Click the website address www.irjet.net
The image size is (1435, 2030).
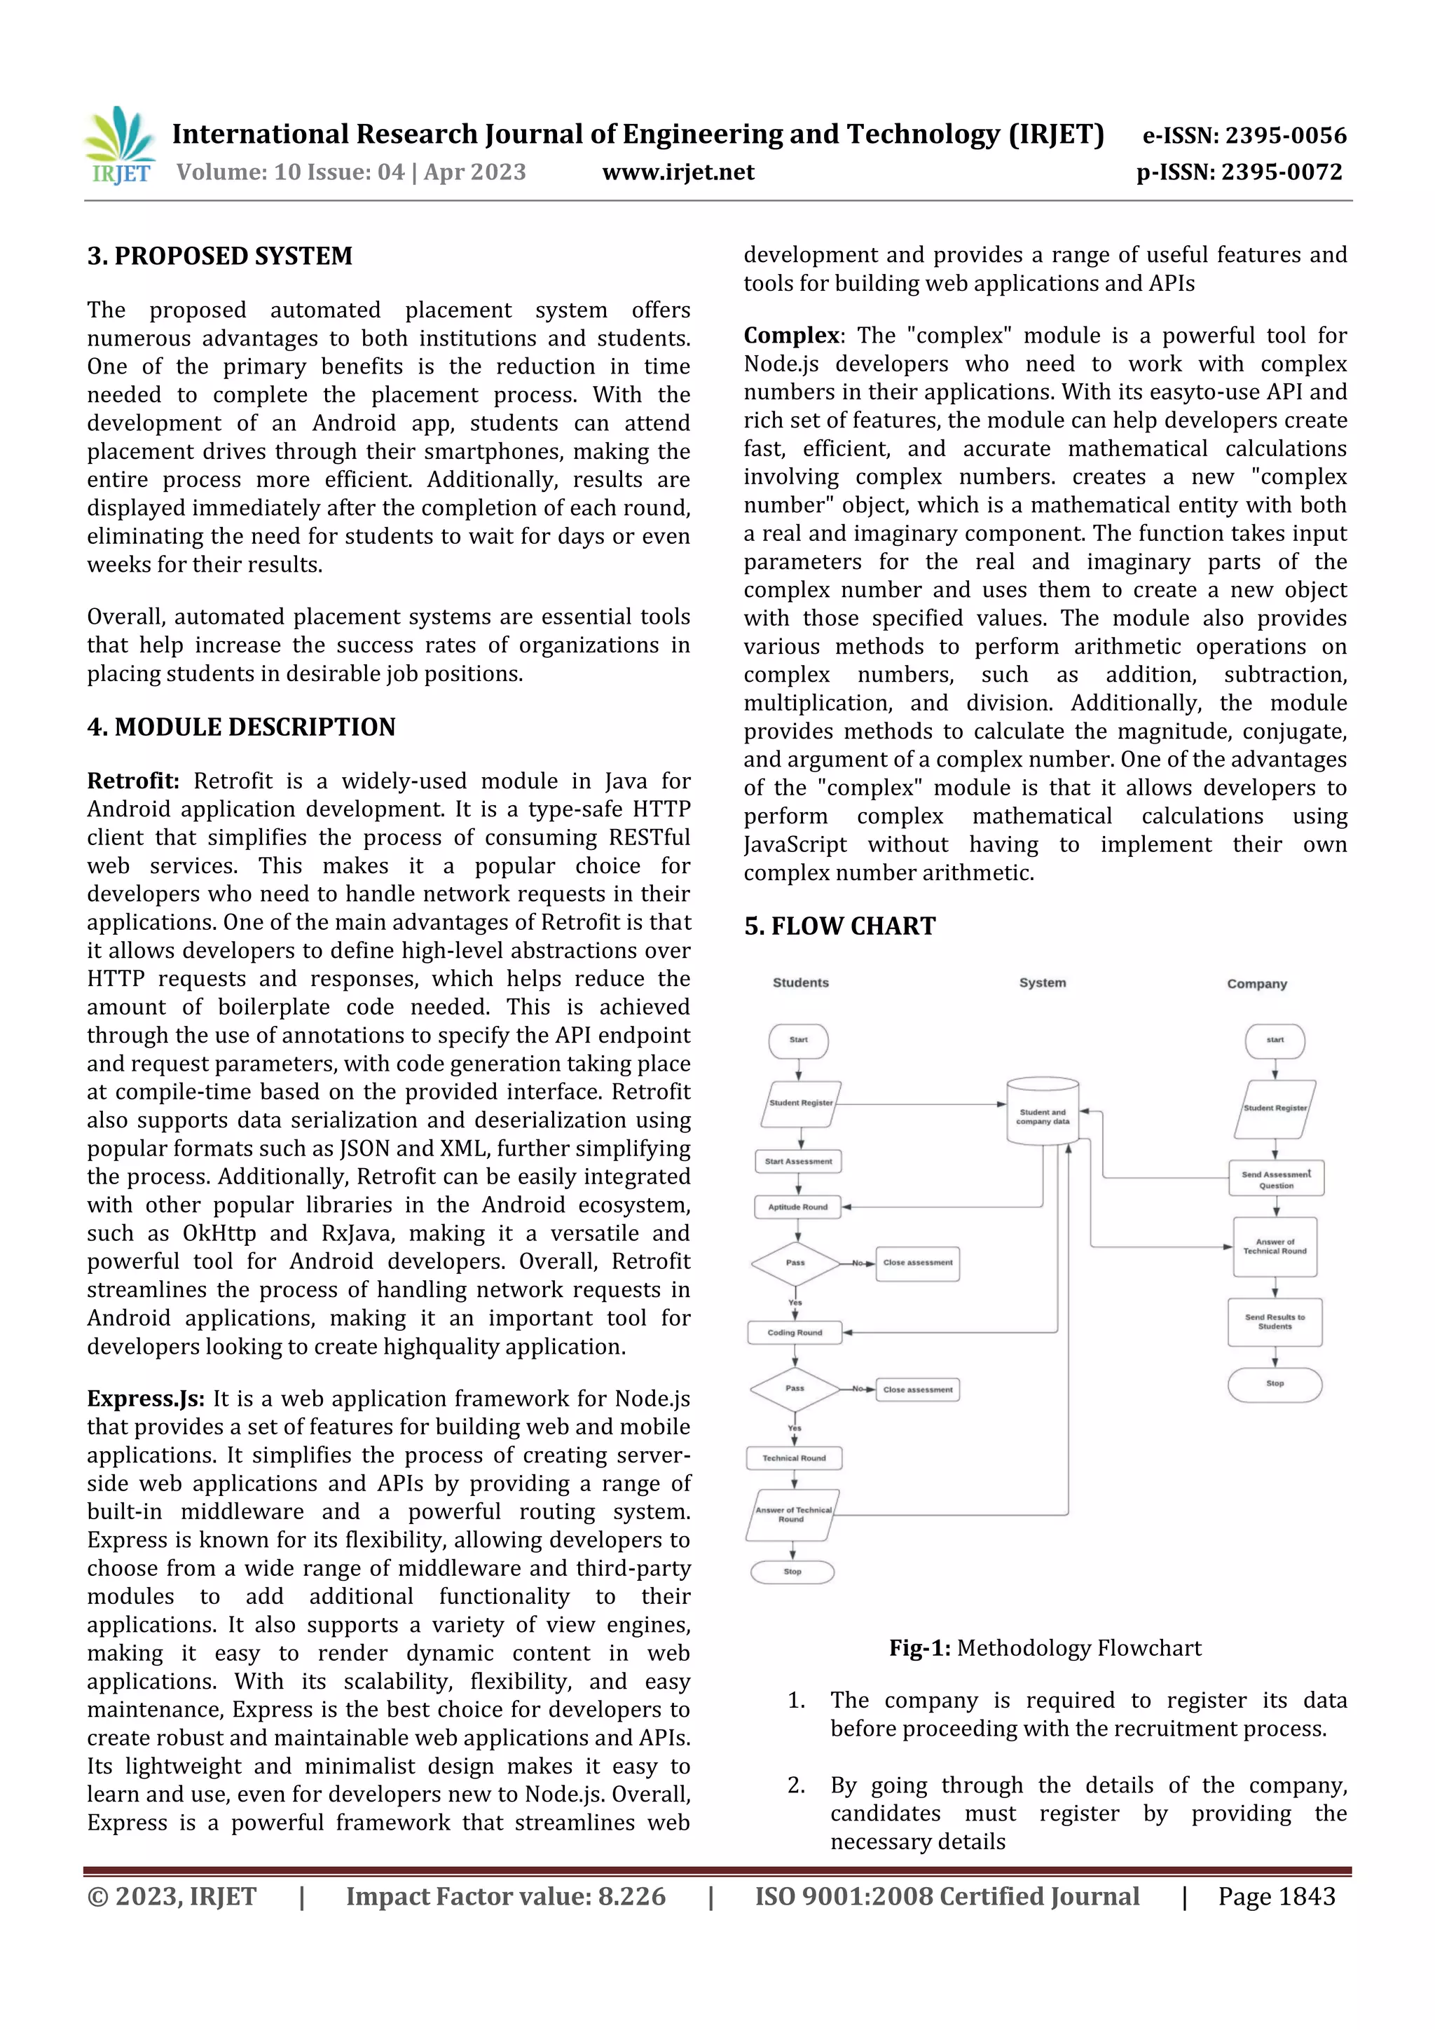pos(678,172)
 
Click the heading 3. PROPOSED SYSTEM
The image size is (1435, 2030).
pos(219,256)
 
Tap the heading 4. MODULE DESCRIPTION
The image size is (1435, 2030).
pos(240,727)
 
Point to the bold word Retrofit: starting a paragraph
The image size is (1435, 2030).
pos(132,781)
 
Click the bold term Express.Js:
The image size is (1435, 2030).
pos(145,1398)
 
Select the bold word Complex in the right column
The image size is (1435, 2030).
pos(791,335)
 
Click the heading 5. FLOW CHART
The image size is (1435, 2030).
pos(839,926)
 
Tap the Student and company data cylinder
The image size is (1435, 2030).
pos(1043,1112)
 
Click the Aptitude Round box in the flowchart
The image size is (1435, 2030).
pos(797,1207)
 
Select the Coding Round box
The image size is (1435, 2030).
pos(794,1332)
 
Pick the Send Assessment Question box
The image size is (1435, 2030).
pos(1276,1179)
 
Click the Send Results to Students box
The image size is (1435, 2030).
pos(1274,1322)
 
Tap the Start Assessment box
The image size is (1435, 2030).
pos(797,1161)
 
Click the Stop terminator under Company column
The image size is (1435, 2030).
pos(1274,1384)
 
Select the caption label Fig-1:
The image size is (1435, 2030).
pos(919,1648)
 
